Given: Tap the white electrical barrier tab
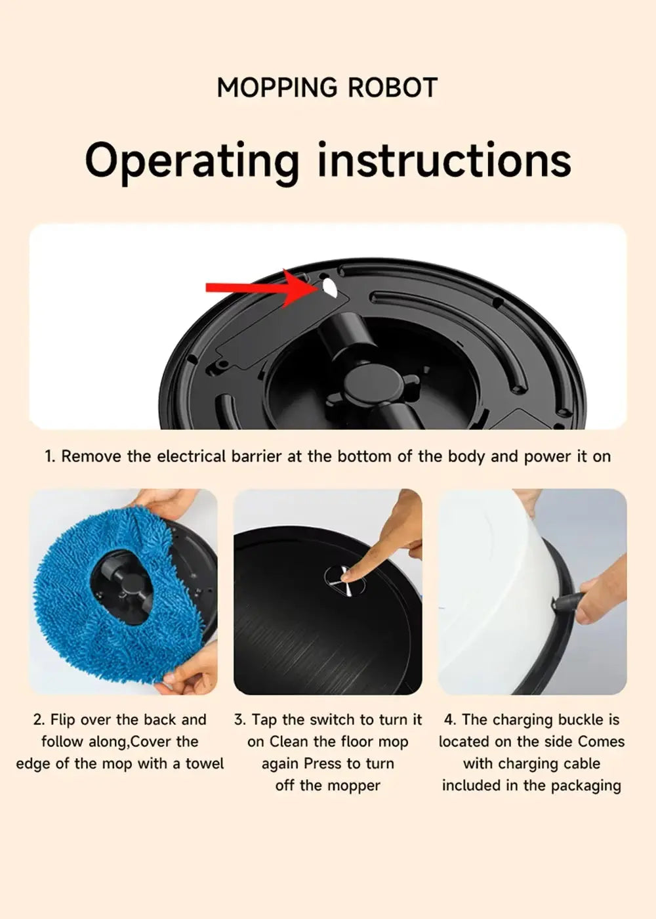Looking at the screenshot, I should (328, 287).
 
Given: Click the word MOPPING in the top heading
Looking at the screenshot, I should (276, 88).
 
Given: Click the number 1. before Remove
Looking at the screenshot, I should (50, 456).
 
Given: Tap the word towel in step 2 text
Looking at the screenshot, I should (204, 763).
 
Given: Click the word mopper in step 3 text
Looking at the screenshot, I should (355, 785).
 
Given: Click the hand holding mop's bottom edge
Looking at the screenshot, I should (190, 670).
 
